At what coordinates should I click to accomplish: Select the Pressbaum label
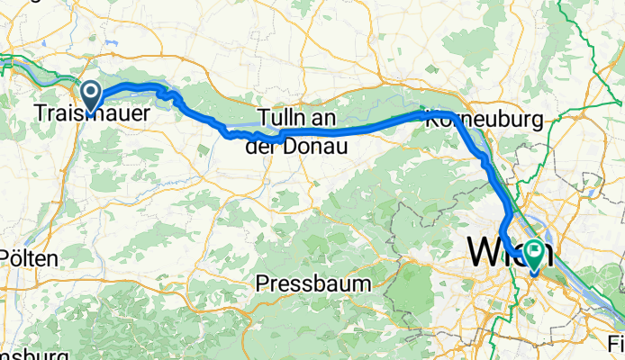[x=313, y=283]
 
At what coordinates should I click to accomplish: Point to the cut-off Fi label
[x=616, y=344]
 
